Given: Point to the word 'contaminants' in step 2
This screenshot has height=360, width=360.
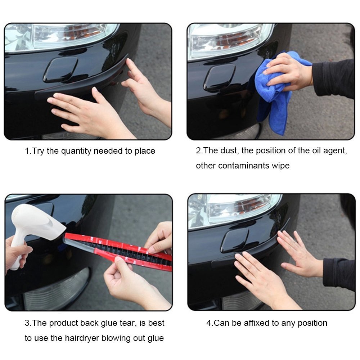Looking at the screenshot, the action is coord(244,166).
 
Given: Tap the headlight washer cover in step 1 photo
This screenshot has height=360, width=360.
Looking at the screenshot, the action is coord(60,70).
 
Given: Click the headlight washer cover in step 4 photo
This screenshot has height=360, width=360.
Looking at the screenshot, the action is coord(235,240).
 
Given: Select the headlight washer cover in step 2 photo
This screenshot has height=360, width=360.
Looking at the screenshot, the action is coord(220,78).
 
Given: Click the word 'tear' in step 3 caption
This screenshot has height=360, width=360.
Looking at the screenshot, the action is coord(128,323).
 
